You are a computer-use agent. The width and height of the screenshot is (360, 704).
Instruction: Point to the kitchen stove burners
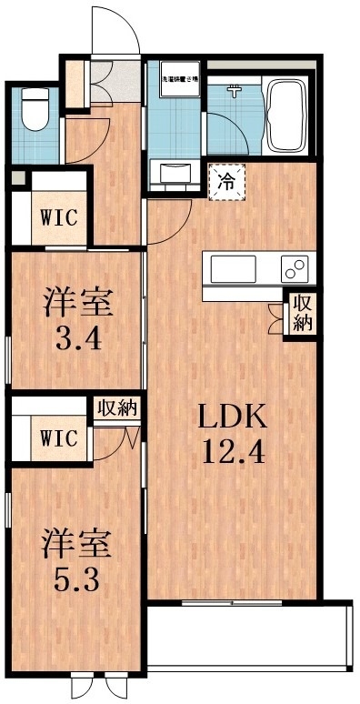[x=295, y=269]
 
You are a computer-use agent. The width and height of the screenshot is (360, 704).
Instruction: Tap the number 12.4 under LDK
[x=233, y=450]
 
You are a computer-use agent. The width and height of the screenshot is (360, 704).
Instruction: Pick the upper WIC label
[x=55, y=219]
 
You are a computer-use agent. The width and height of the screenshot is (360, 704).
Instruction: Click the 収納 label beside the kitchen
[x=301, y=314]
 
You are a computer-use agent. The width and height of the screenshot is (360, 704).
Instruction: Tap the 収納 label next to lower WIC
[x=117, y=408]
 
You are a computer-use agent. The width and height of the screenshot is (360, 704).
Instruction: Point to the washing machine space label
[x=175, y=80]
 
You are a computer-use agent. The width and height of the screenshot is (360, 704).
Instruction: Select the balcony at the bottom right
[x=245, y=637]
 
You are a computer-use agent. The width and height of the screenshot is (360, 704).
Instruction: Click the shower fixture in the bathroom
[x=234, y=90]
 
